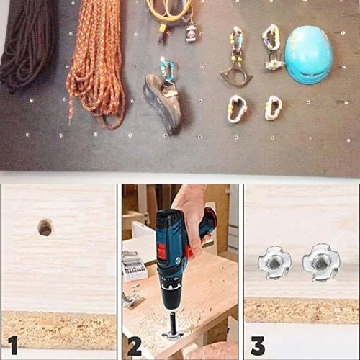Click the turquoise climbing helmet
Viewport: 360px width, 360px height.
tap(308, 55)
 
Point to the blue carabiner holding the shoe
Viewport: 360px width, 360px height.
tap(167, 71)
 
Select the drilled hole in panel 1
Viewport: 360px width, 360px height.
tap(45, 227)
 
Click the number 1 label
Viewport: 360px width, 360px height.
tap(12, 345)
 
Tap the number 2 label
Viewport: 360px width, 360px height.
tap(135, 346)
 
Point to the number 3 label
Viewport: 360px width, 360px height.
tap(258, 346)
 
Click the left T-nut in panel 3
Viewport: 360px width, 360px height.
tap(274, 263)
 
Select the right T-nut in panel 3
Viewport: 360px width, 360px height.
tap(321, 262)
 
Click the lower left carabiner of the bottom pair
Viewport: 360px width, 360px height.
tap(237, 109)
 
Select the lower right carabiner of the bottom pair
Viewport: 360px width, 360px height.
tap(273, 108)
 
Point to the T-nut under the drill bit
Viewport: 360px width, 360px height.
tap(171, 336)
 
